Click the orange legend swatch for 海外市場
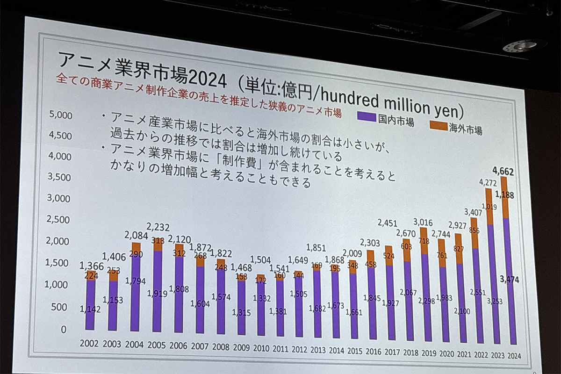(438, 123)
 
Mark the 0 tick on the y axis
(64, 330)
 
